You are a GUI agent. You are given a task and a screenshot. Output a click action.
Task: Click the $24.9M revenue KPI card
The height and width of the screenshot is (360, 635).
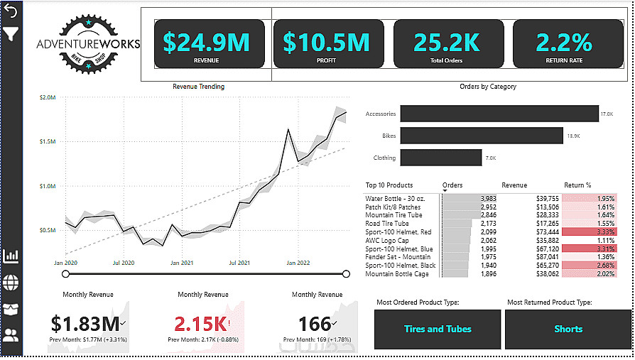point(206,43)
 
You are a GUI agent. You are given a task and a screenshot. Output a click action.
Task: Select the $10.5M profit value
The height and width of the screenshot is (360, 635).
point(326,42)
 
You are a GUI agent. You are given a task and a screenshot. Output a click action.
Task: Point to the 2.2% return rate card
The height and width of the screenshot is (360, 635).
point(564,43)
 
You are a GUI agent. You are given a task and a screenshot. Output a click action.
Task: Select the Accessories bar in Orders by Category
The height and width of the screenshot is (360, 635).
point(499,114)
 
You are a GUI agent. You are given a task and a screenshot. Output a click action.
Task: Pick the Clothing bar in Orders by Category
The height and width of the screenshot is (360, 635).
point(440,158)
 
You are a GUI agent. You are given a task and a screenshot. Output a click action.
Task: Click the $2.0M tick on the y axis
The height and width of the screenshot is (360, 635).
point(48,97)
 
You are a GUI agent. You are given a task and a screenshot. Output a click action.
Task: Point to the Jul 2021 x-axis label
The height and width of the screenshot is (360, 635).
point(240,263)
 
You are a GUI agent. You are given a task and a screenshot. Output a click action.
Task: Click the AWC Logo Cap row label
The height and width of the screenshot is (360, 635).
point(387,240)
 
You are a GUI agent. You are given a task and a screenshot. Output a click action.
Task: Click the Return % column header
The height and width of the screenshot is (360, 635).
point(578,185)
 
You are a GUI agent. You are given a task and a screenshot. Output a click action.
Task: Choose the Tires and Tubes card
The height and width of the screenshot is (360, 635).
point(437,329)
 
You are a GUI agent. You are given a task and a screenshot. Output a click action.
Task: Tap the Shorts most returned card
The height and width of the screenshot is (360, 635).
point(568,329)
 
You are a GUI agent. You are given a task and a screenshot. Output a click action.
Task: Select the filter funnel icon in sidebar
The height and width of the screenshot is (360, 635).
point(11,33)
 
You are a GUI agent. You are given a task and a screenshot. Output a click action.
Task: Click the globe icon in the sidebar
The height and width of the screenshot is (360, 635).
point(11,283)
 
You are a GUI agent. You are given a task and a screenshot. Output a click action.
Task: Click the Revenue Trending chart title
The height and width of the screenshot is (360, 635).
point(198,87)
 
